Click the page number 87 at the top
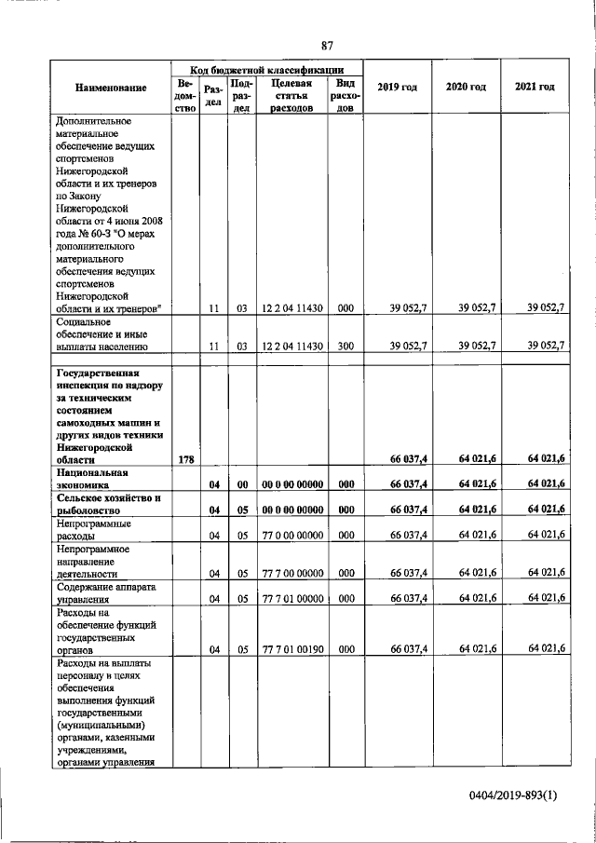coord(327,45)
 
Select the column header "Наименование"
coord(112,88)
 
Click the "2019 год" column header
coord(397,87)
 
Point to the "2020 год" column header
coord(466,87)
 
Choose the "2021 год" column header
coord(535,87)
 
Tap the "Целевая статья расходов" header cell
coord(291,95)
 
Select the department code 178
coord(185,459)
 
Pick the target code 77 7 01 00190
coord(291,649)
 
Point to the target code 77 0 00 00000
coord(291,534)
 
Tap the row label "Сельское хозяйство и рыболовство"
coord(108,504)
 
